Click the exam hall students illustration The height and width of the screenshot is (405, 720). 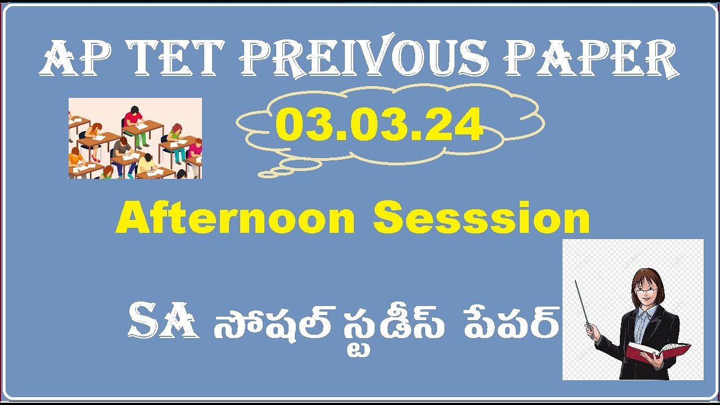pos(135,138)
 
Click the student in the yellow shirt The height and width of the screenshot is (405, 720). pos(146,164)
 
